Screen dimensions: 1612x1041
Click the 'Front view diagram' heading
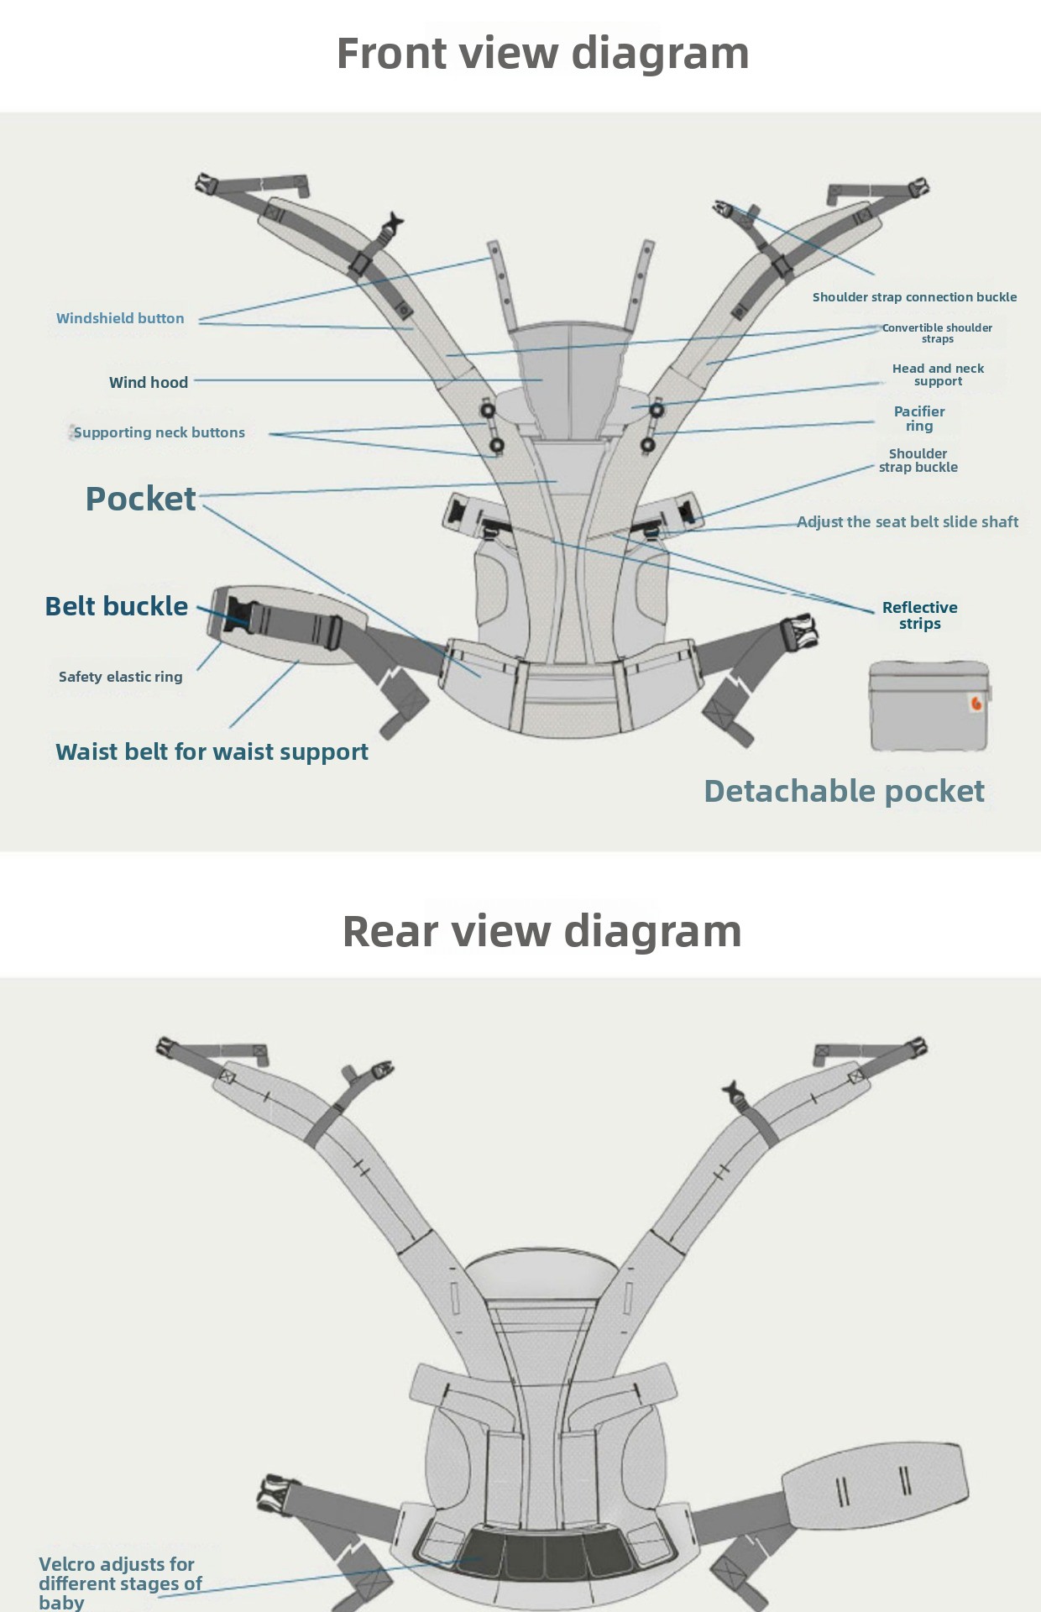tap(542, 53)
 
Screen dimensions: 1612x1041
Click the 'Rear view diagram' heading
tap(541, 931)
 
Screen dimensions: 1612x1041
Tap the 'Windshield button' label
tap(120, 318)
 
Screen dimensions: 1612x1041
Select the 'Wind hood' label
tap(149, 383)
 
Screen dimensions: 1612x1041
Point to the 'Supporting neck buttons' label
tap(160, 432)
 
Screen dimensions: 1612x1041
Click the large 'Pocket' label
tap(140, 499)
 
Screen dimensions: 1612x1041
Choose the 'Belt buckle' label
tap(116, 606)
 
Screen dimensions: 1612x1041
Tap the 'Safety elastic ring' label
tap(120, 677)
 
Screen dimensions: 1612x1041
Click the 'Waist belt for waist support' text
tap(212, 751)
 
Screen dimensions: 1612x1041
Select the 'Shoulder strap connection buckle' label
tap(914, 297)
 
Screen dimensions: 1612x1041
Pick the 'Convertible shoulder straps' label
tap(937, 333)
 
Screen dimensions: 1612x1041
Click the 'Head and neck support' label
tap(938, 374)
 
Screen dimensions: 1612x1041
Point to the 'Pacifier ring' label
tap(919, 418)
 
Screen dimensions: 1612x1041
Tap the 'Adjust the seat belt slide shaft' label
tap(908, 522)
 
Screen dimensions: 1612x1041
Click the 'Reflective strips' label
tap(919, 615)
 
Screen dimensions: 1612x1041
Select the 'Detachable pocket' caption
tap(844, 791)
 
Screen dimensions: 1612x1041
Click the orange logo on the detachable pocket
tap(976, 704)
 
